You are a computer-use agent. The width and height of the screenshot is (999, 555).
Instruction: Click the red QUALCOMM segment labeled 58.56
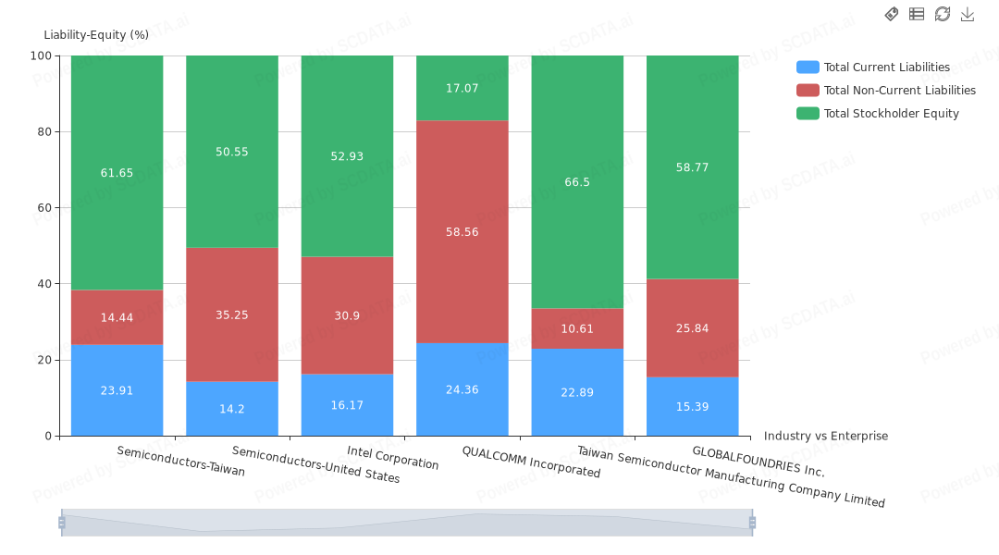pos(462,231)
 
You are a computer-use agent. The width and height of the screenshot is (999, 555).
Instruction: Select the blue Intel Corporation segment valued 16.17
pos(347,405)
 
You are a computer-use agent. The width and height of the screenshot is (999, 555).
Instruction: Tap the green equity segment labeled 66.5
pos(577,182)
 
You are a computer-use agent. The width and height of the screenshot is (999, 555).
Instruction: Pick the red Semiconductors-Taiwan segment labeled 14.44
pos(117,317)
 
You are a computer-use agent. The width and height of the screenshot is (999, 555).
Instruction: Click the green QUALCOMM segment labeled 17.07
pos(462,88)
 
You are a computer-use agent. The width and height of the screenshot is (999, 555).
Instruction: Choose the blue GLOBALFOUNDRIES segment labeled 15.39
pos(692,406)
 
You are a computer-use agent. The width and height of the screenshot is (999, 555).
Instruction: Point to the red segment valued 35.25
pos(231,314)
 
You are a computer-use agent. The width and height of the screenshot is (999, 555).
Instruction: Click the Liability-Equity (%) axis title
pos(96,35)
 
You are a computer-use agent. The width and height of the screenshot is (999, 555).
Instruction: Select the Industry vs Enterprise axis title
pos(825,436)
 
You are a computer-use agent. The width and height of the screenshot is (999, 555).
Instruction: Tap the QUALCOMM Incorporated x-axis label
pos(531,461)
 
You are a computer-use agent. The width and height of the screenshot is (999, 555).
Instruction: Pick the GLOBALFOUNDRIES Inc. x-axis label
pos(758,461)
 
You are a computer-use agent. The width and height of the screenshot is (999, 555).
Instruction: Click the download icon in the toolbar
pos(968,14)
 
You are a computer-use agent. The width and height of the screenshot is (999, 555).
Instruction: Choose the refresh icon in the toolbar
pos(943,14)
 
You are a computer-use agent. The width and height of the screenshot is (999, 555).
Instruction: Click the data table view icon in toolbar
pos(917,14)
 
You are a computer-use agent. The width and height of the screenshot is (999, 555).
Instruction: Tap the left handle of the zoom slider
pos(62,523)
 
